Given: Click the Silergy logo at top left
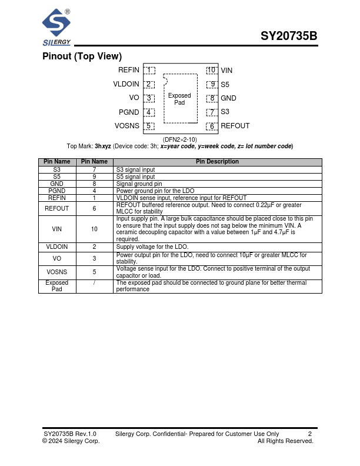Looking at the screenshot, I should point(57,27).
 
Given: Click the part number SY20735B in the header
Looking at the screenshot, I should point(289,36).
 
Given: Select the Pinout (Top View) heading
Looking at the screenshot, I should point(82,56).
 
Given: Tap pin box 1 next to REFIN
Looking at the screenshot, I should point(149,70).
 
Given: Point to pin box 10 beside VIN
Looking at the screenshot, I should point(212,70).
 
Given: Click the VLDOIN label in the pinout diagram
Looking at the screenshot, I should point(126,84).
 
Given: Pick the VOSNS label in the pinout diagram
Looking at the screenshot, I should point(127,126).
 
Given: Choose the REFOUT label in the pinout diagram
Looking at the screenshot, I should point(235,126).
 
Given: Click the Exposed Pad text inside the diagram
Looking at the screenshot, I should point(179,99).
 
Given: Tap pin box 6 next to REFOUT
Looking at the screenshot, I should point(212,126).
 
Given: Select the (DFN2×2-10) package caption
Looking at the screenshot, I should point(180,139).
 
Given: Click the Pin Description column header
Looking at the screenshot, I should point(218,162).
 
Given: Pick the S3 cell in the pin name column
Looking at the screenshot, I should point(57,169).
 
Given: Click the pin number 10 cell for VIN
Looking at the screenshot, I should point(94,229).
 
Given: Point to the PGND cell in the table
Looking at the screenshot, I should point(57,191).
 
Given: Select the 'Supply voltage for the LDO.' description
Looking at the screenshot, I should point(152,247).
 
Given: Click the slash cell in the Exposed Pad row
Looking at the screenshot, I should point(94,283).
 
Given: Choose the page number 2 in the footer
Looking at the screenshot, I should point(310,433).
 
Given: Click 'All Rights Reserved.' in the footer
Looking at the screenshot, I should point(285,441).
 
